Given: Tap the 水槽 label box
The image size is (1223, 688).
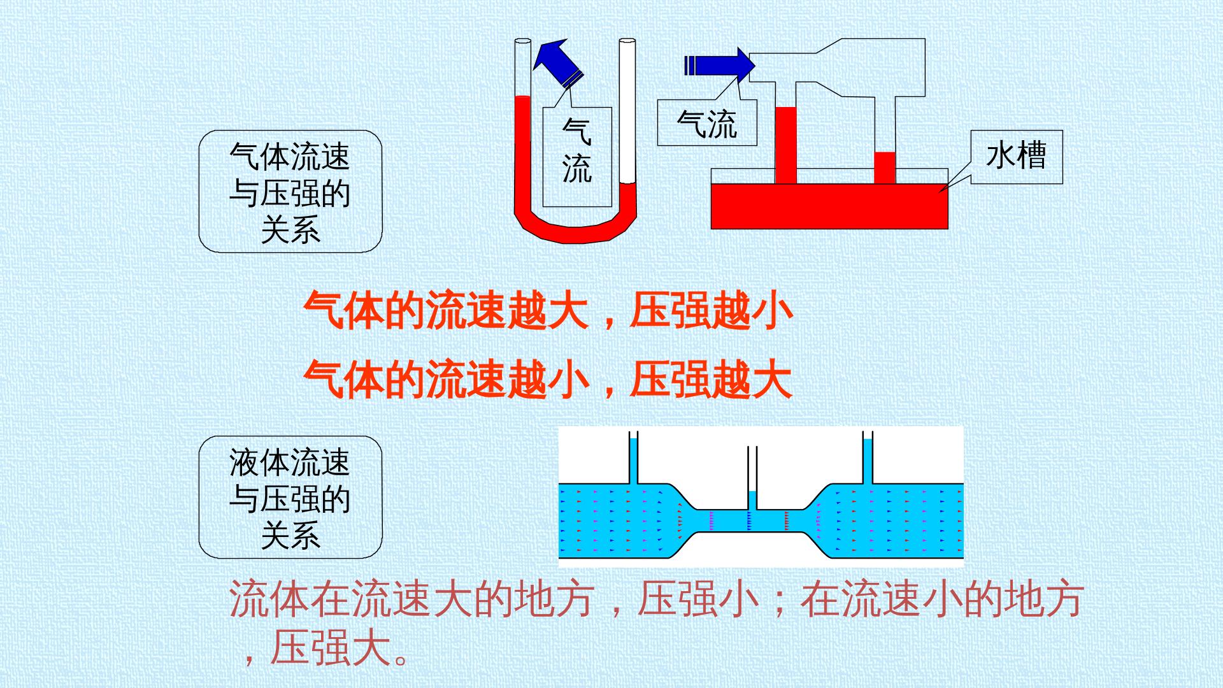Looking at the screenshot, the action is (x=1017, y=157).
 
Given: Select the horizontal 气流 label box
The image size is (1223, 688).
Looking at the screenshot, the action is (x=707, y=122).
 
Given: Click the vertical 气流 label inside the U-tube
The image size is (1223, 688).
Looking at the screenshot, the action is (x=577, y=157).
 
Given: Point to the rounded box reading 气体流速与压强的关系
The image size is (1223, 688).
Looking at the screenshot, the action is (x=290, y=192).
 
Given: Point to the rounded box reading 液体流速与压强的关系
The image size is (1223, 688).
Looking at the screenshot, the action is (x=290, y=498).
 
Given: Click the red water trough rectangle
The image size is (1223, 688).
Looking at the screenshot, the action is (x=829, y=206).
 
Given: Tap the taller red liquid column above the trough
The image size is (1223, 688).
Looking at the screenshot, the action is (x=786, y=145).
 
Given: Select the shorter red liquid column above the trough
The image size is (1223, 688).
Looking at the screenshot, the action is (x=885, y=168).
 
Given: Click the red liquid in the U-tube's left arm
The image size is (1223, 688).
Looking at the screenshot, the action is (x=522, y=153).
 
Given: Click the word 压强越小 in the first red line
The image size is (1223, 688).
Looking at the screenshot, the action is (x=711, y=311).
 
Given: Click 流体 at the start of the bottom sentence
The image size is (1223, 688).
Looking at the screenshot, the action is (x=269, y=599).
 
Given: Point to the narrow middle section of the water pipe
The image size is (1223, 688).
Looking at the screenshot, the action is (x=752, y=520).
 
